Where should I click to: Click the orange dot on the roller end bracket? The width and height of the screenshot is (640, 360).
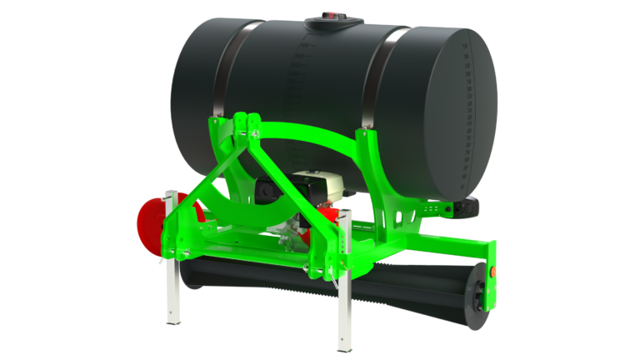492,271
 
